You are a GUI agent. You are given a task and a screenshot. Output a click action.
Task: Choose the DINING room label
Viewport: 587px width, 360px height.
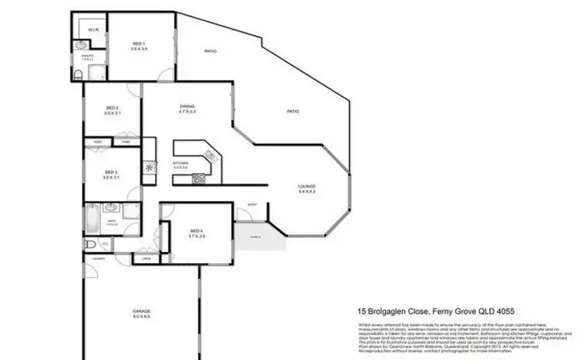click(186, 109)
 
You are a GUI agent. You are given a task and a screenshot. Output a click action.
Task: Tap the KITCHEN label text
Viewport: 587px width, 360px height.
click(181, 164)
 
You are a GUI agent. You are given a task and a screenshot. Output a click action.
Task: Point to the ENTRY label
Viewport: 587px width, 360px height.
click(252, 205)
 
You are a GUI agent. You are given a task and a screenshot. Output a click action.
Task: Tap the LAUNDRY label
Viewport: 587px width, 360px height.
click(99, 257)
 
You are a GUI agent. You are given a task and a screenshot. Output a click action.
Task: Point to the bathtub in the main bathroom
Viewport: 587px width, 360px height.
click(92, 217)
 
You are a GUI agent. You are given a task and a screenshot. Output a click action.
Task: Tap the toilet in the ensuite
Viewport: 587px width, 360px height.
click(80, 74)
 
